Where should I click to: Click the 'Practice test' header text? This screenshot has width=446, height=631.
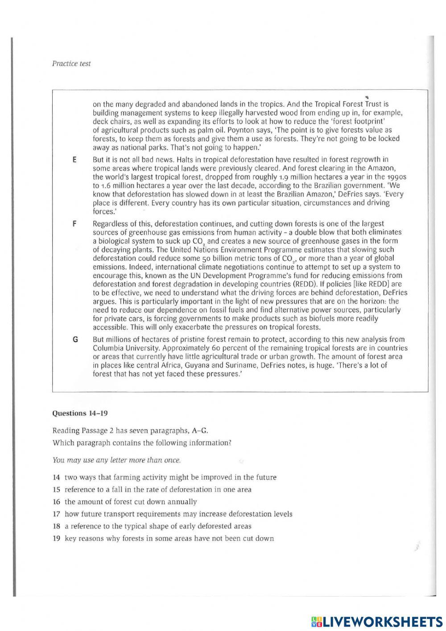[71, 63]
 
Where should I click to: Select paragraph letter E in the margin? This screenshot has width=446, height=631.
[74, 160]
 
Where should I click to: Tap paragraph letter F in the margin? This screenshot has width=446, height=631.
[74, 224]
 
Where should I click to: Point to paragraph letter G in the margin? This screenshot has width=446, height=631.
[75, 339]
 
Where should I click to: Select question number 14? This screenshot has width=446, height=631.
[56, 477]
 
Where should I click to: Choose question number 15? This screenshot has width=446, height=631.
[56, 489]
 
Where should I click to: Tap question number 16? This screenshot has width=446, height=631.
[56, 501]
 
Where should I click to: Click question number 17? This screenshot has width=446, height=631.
[56, 514]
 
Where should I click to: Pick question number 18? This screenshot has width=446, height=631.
[56, 526]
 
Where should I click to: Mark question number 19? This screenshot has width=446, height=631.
[56, 538]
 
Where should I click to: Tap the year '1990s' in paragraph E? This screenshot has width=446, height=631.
[396, 177]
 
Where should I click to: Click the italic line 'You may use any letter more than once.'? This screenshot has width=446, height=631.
[116, 460]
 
